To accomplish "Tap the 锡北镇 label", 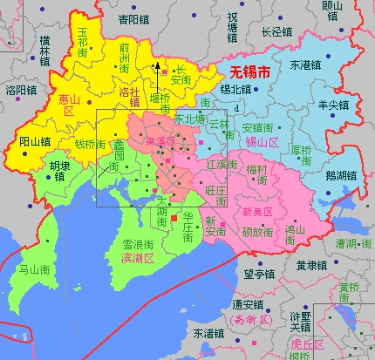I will tap(235, 89).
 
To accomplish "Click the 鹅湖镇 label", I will tap(340, 175).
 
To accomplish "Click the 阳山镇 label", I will tap(35, 140).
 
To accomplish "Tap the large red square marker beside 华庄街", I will tap(174, 216).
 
